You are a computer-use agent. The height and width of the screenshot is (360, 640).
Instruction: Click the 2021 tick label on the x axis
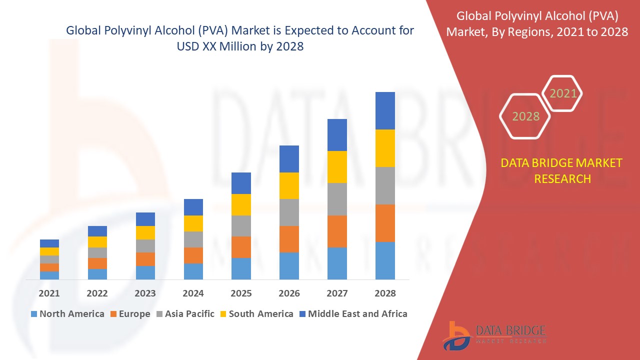point(49,293)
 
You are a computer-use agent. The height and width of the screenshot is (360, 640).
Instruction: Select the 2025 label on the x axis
point(241,293)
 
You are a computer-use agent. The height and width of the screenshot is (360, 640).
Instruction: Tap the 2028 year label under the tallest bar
point(385,293)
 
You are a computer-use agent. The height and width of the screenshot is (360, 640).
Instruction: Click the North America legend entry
point(67,314)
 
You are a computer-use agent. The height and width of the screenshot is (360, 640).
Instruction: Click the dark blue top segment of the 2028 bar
point(385,110)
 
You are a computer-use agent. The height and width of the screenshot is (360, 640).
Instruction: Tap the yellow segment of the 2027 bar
point(337,166)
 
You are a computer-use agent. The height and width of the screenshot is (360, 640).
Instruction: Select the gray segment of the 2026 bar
point(289,212)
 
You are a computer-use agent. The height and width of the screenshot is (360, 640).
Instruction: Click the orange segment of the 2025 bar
point(241,247)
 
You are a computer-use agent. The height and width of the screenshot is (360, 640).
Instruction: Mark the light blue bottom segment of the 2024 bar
point(193,271)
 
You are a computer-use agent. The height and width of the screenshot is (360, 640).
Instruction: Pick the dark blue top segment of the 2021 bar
point(49,243)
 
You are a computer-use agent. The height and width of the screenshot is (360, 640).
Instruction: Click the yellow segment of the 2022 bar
point(97,242)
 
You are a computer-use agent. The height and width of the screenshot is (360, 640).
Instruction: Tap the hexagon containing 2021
point(562,93)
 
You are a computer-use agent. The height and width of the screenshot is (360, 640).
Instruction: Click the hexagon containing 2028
point(525,116)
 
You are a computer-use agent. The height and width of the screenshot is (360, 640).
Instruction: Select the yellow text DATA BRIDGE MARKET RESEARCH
point(562,170)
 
